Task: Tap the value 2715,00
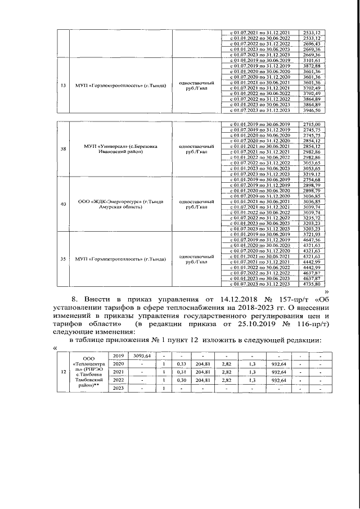click(311, 124)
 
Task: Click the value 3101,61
click(311, 60)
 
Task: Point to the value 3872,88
click(311, 66)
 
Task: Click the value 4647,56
click(311, 240)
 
